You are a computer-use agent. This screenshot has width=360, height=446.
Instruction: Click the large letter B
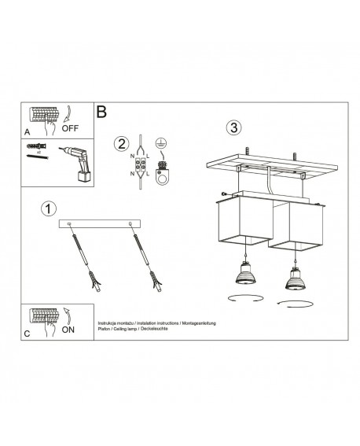pyautogui.click(x=101, y=112)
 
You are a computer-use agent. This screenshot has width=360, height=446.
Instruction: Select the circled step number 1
pyautogui.click(x=49, y=209)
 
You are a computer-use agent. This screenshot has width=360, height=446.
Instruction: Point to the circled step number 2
pyautogui.click(x=121, y=143)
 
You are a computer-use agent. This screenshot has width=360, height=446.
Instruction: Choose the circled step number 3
pyautogui.click(x=233, y=127)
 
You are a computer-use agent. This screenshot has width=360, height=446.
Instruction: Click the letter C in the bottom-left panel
pyautogui.click(x=28, y=335)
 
